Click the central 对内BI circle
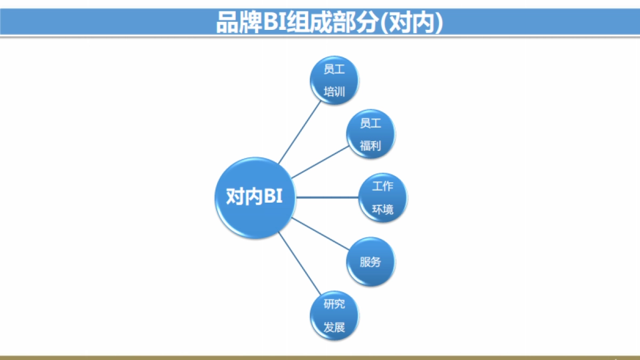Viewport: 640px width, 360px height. click(x=255, y=198)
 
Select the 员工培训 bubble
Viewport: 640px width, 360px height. click(x=334, y=81)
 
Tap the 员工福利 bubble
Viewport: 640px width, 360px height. click(x=371, y=134)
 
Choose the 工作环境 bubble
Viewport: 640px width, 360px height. click(x=382, y=198)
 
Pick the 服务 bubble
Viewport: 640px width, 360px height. click(x=371, y=262)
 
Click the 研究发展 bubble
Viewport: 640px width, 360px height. click(x=334, y=316)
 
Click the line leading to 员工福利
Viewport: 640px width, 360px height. click(x=319, y=163)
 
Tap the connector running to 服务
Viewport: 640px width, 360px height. click(x=319, y=233)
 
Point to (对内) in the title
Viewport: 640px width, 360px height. click(x=413, y=22)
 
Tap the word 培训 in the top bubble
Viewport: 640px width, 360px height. click(x=334, y=92)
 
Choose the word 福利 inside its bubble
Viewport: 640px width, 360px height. click(x=371, y=146)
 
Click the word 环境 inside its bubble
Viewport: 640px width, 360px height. click(x=382, y=210)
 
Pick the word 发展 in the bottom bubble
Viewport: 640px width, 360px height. click(x=334, y=327)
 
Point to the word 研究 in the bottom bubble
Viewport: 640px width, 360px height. click(x=334, y=304)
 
